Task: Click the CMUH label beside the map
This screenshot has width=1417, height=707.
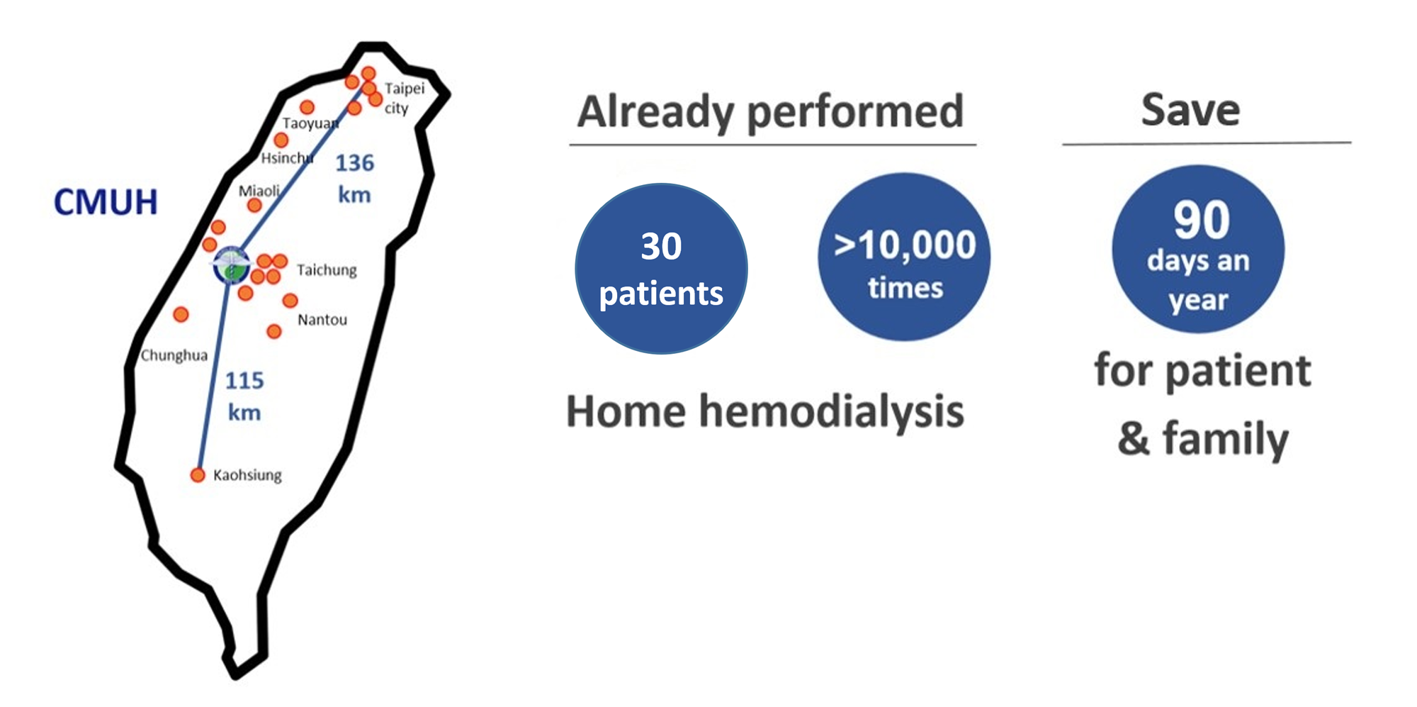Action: coord(106,202)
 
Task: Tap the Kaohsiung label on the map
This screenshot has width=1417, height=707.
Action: coord(247,475)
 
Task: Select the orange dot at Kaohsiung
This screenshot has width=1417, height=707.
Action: coord(198,475)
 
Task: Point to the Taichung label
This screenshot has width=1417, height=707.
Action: coord(327,270)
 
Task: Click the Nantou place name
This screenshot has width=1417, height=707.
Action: coord(322,320)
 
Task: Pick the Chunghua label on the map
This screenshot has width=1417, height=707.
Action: coord(174,355)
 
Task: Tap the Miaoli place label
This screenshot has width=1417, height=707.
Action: coord(259,191)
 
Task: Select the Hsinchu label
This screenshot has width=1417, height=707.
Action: coord(287,157)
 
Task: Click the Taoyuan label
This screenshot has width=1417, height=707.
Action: coord(310,123)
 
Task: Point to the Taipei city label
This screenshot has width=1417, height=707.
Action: coord(405,98)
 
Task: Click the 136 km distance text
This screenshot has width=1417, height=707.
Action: coord(354,178)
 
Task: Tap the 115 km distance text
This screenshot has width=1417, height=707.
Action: coord(244,396)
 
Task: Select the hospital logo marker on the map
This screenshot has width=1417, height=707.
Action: coord(232,265)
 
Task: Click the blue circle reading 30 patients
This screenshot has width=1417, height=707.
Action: coord(661,269)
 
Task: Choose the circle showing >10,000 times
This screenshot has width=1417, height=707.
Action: coord(904,257)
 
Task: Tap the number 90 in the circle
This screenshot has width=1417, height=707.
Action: coord(1201,220)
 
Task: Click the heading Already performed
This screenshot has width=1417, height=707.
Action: coord(771,113)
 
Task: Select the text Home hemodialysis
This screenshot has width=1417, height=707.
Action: coord(765,412)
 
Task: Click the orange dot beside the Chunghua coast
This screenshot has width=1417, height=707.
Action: coord(181,314)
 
